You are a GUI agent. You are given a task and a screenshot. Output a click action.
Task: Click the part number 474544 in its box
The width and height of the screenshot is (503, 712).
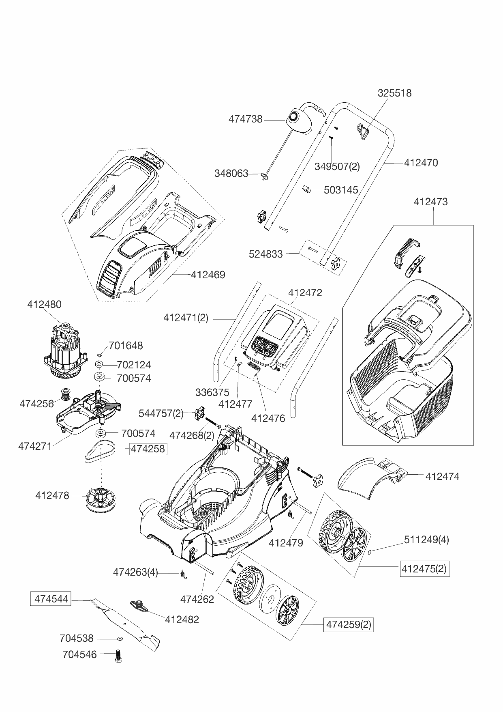click(51, 599)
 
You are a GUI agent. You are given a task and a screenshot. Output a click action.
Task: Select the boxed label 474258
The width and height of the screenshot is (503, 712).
click(148, 449)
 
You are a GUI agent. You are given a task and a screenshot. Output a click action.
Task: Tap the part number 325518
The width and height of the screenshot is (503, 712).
click(394, 93)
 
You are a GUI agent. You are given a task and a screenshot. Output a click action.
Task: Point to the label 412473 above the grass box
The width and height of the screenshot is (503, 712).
click(430, 202)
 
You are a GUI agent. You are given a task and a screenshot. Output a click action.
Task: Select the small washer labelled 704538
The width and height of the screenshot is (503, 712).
click(120, 639)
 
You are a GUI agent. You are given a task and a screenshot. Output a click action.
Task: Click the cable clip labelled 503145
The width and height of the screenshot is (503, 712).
click(307, 189)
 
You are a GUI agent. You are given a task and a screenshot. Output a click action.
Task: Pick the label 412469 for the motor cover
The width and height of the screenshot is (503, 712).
click(208, 275)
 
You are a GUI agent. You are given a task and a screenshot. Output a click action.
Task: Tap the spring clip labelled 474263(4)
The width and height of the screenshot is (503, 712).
click(183, 574)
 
